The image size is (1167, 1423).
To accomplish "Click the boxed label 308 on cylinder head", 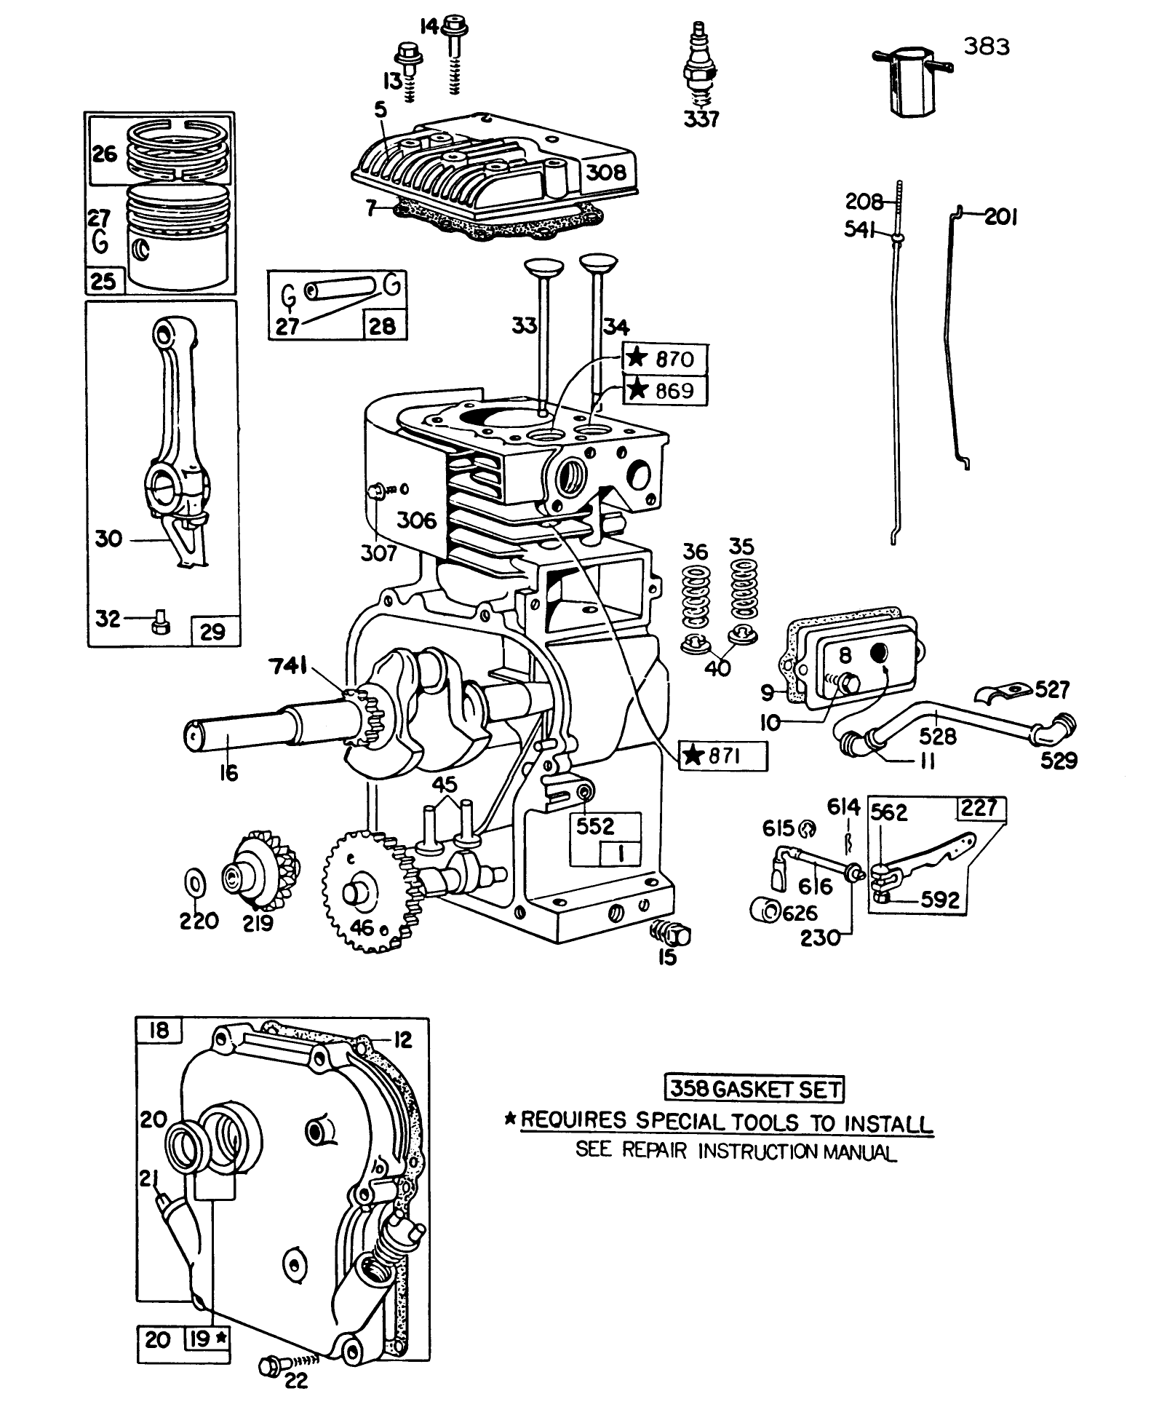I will click(606, 172).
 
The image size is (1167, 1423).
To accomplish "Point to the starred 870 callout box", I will click(665, 358).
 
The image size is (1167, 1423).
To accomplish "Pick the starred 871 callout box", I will click(722, 756).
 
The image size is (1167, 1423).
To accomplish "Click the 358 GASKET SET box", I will click(754, 1089).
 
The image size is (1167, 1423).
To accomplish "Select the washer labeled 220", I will click(195, 884).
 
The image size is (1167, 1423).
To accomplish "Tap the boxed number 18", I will click(158, 1030).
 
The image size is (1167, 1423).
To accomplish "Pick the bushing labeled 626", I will click(763, 909).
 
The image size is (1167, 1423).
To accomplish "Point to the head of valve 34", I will click(598, 260).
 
